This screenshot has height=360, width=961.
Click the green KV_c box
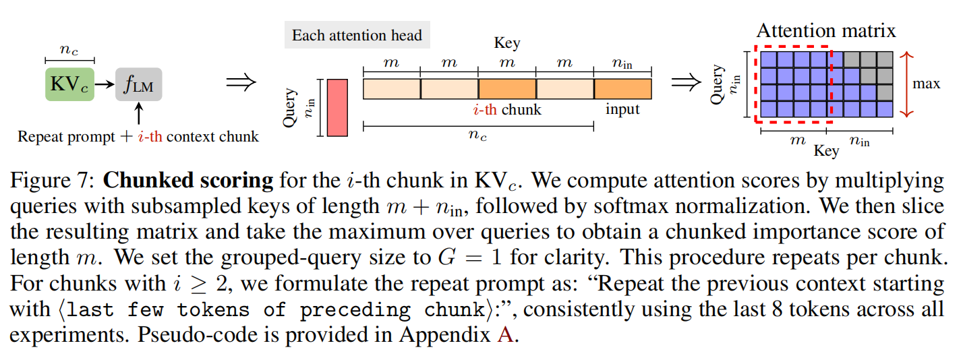click(69, 84)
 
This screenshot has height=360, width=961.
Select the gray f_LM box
click(138, 84)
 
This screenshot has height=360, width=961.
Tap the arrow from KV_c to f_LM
click(105, 84)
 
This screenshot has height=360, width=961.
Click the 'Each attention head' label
click(357, 35)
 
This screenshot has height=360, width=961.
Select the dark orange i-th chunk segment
click(507, 89)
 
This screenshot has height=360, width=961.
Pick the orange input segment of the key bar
click(622, 89)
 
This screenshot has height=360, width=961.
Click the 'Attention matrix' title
click(825, 31)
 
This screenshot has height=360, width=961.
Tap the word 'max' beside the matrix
click(926, 84)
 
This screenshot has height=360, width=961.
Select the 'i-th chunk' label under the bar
click(507, 109)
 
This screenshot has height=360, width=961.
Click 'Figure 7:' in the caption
click(45, 181)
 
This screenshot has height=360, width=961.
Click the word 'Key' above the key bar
click(507, 44)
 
